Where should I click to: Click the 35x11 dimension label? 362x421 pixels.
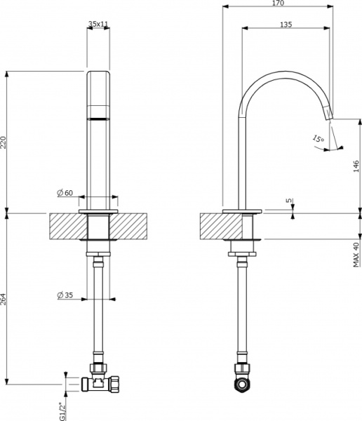coord(98,24)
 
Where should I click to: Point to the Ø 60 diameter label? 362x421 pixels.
coord(65,193)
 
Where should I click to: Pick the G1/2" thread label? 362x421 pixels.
coord(61,406)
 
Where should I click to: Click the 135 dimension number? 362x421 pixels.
coord(286,25)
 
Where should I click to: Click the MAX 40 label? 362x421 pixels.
coord(356,253)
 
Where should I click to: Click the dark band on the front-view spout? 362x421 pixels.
coord(99,117)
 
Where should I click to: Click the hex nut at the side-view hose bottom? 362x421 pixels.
coord(243,385)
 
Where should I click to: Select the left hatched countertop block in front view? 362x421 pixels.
coord(67,227)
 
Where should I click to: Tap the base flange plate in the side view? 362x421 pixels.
coord(242,210)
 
